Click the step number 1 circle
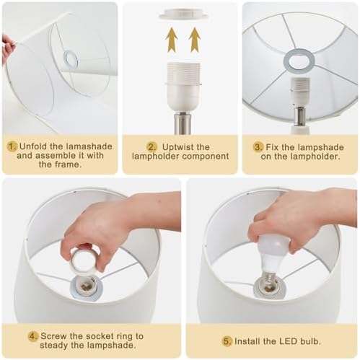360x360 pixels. coord(12,146)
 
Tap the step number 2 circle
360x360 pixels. coord(152,147)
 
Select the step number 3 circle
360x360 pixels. coord(258,147)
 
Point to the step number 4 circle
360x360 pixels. coord(33,336)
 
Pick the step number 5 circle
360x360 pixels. coord(227,341)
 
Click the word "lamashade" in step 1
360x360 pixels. coord(89,146)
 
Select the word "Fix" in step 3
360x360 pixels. coord(272,147)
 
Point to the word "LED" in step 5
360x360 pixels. coord(288,341)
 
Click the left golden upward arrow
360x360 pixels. coord(172,40)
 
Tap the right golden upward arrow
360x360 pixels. coord(195,40)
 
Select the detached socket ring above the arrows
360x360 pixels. coord(183,13)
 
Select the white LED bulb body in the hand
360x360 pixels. coord(272,253)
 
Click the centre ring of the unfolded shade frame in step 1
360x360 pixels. coord(65,60)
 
